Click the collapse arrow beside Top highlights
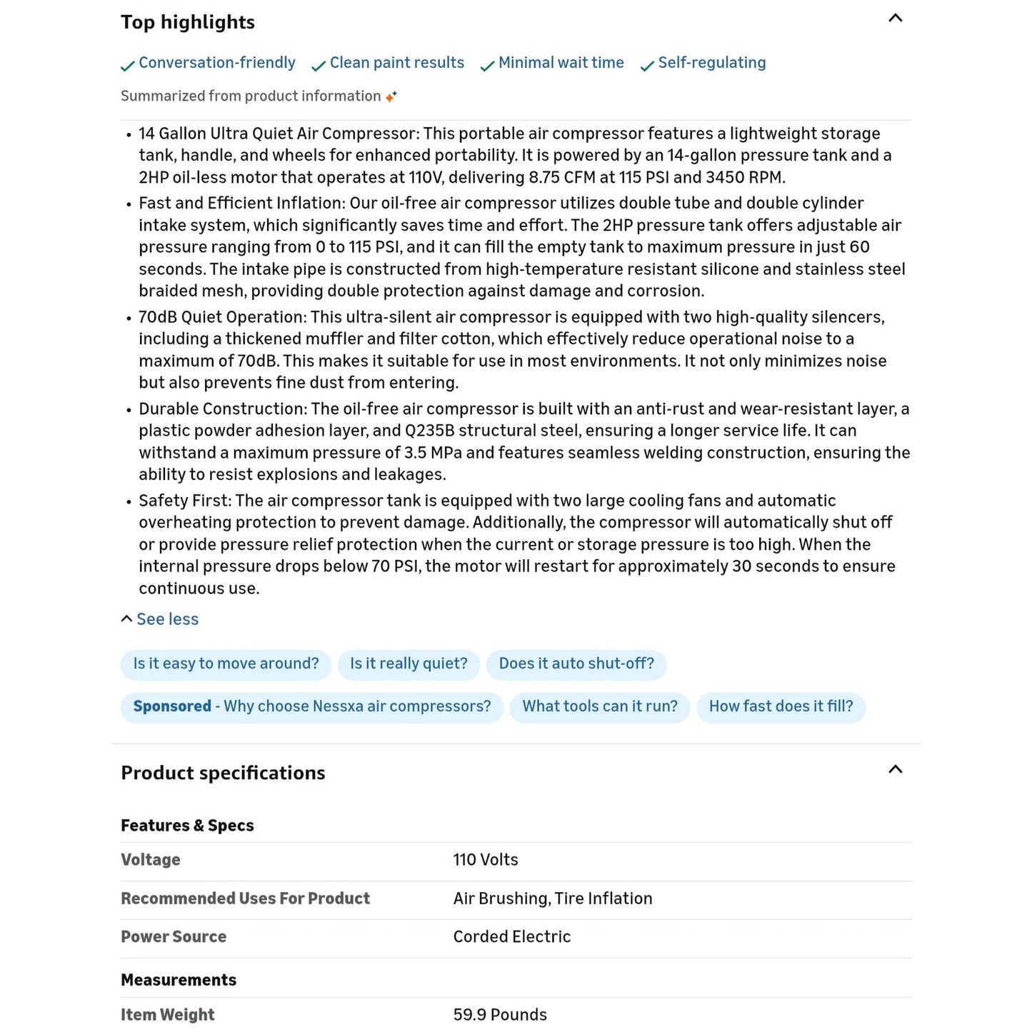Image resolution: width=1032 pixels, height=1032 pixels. click(895, 19)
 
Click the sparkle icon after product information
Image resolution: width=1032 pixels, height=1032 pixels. click(391, 96)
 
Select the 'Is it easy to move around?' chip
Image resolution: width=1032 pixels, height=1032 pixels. click(226, 663)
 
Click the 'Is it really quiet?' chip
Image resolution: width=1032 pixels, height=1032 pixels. click(409, 663)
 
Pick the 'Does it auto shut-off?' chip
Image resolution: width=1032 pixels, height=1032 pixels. click(576, 663)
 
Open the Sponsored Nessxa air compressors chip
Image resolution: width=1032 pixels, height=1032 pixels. click(312, 706)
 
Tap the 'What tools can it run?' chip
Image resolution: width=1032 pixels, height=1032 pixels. click(600, 706)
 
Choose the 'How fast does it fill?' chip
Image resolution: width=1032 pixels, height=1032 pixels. click(781, 706)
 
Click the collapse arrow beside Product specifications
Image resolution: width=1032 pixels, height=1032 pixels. click(895, 770)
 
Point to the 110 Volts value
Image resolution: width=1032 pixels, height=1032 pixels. click(486, 860)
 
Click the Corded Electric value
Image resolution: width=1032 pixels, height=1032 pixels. click(511, 937)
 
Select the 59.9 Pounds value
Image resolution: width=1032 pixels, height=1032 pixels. click(500, 1015)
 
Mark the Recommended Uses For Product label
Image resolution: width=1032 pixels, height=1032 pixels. click(245, 898)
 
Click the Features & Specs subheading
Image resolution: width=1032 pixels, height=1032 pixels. click(187, 826)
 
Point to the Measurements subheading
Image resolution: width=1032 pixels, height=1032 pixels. click(179, 980)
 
